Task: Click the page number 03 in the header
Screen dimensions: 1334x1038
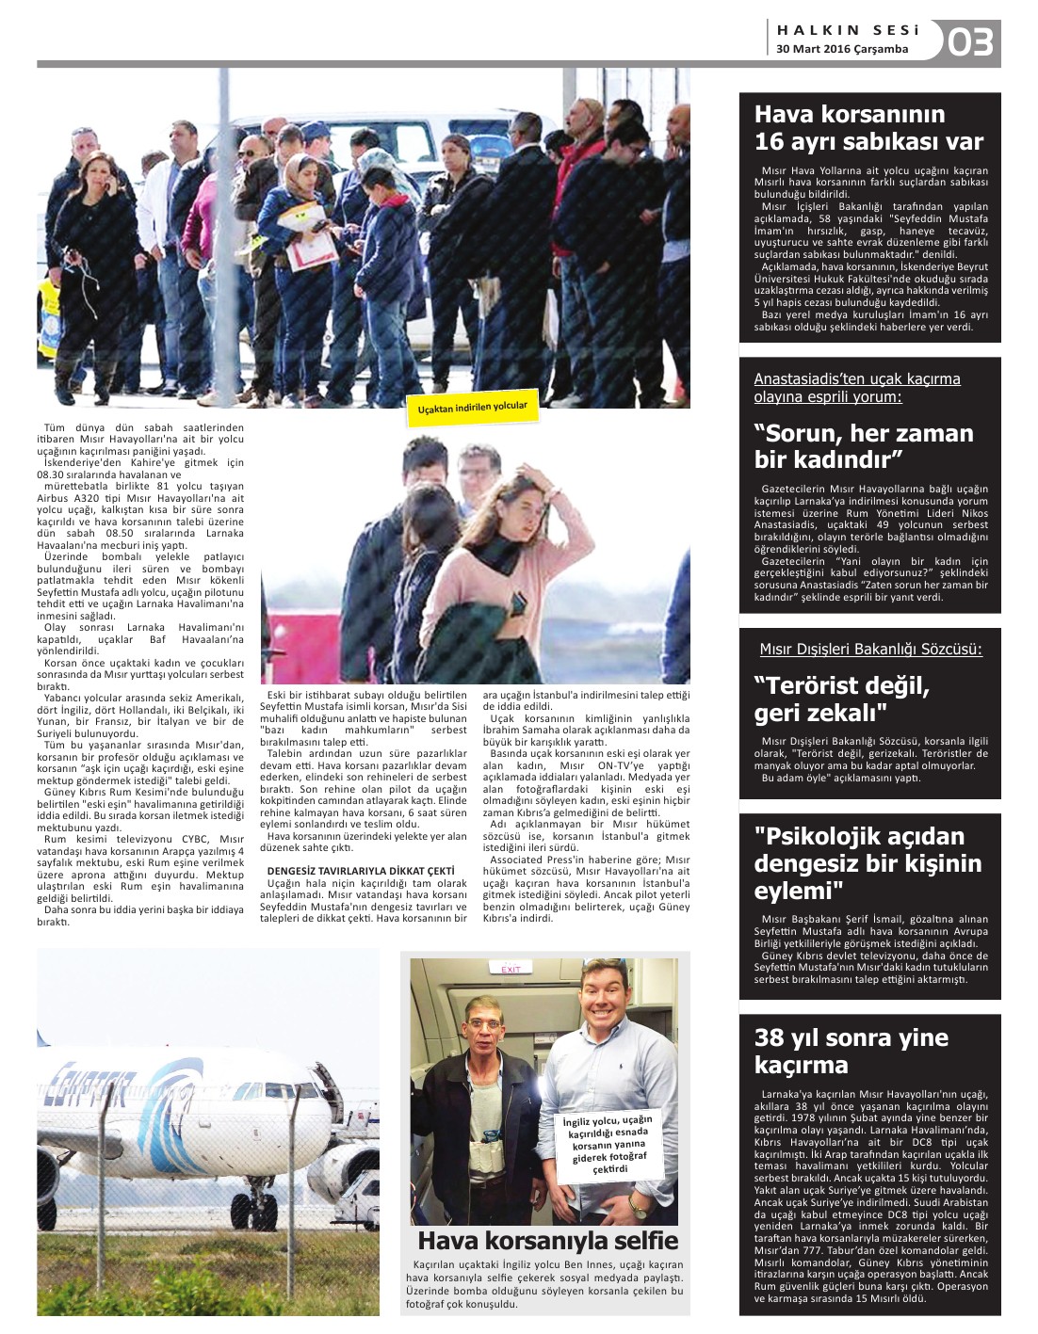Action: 970,42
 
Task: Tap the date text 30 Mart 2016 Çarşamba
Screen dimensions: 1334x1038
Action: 842,49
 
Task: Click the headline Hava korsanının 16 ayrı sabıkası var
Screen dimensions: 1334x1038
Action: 868,128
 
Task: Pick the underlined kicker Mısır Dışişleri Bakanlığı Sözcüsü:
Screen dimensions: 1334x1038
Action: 870,650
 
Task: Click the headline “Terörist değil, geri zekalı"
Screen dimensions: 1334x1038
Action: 841,699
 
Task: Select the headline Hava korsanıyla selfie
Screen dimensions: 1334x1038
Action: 547,1240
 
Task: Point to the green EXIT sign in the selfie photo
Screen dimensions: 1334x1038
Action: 511,969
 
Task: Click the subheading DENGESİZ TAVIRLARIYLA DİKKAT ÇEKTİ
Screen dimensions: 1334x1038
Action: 361,871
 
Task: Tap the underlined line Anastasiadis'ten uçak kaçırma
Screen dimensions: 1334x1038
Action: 856,379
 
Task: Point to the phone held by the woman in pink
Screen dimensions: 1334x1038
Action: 518,603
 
